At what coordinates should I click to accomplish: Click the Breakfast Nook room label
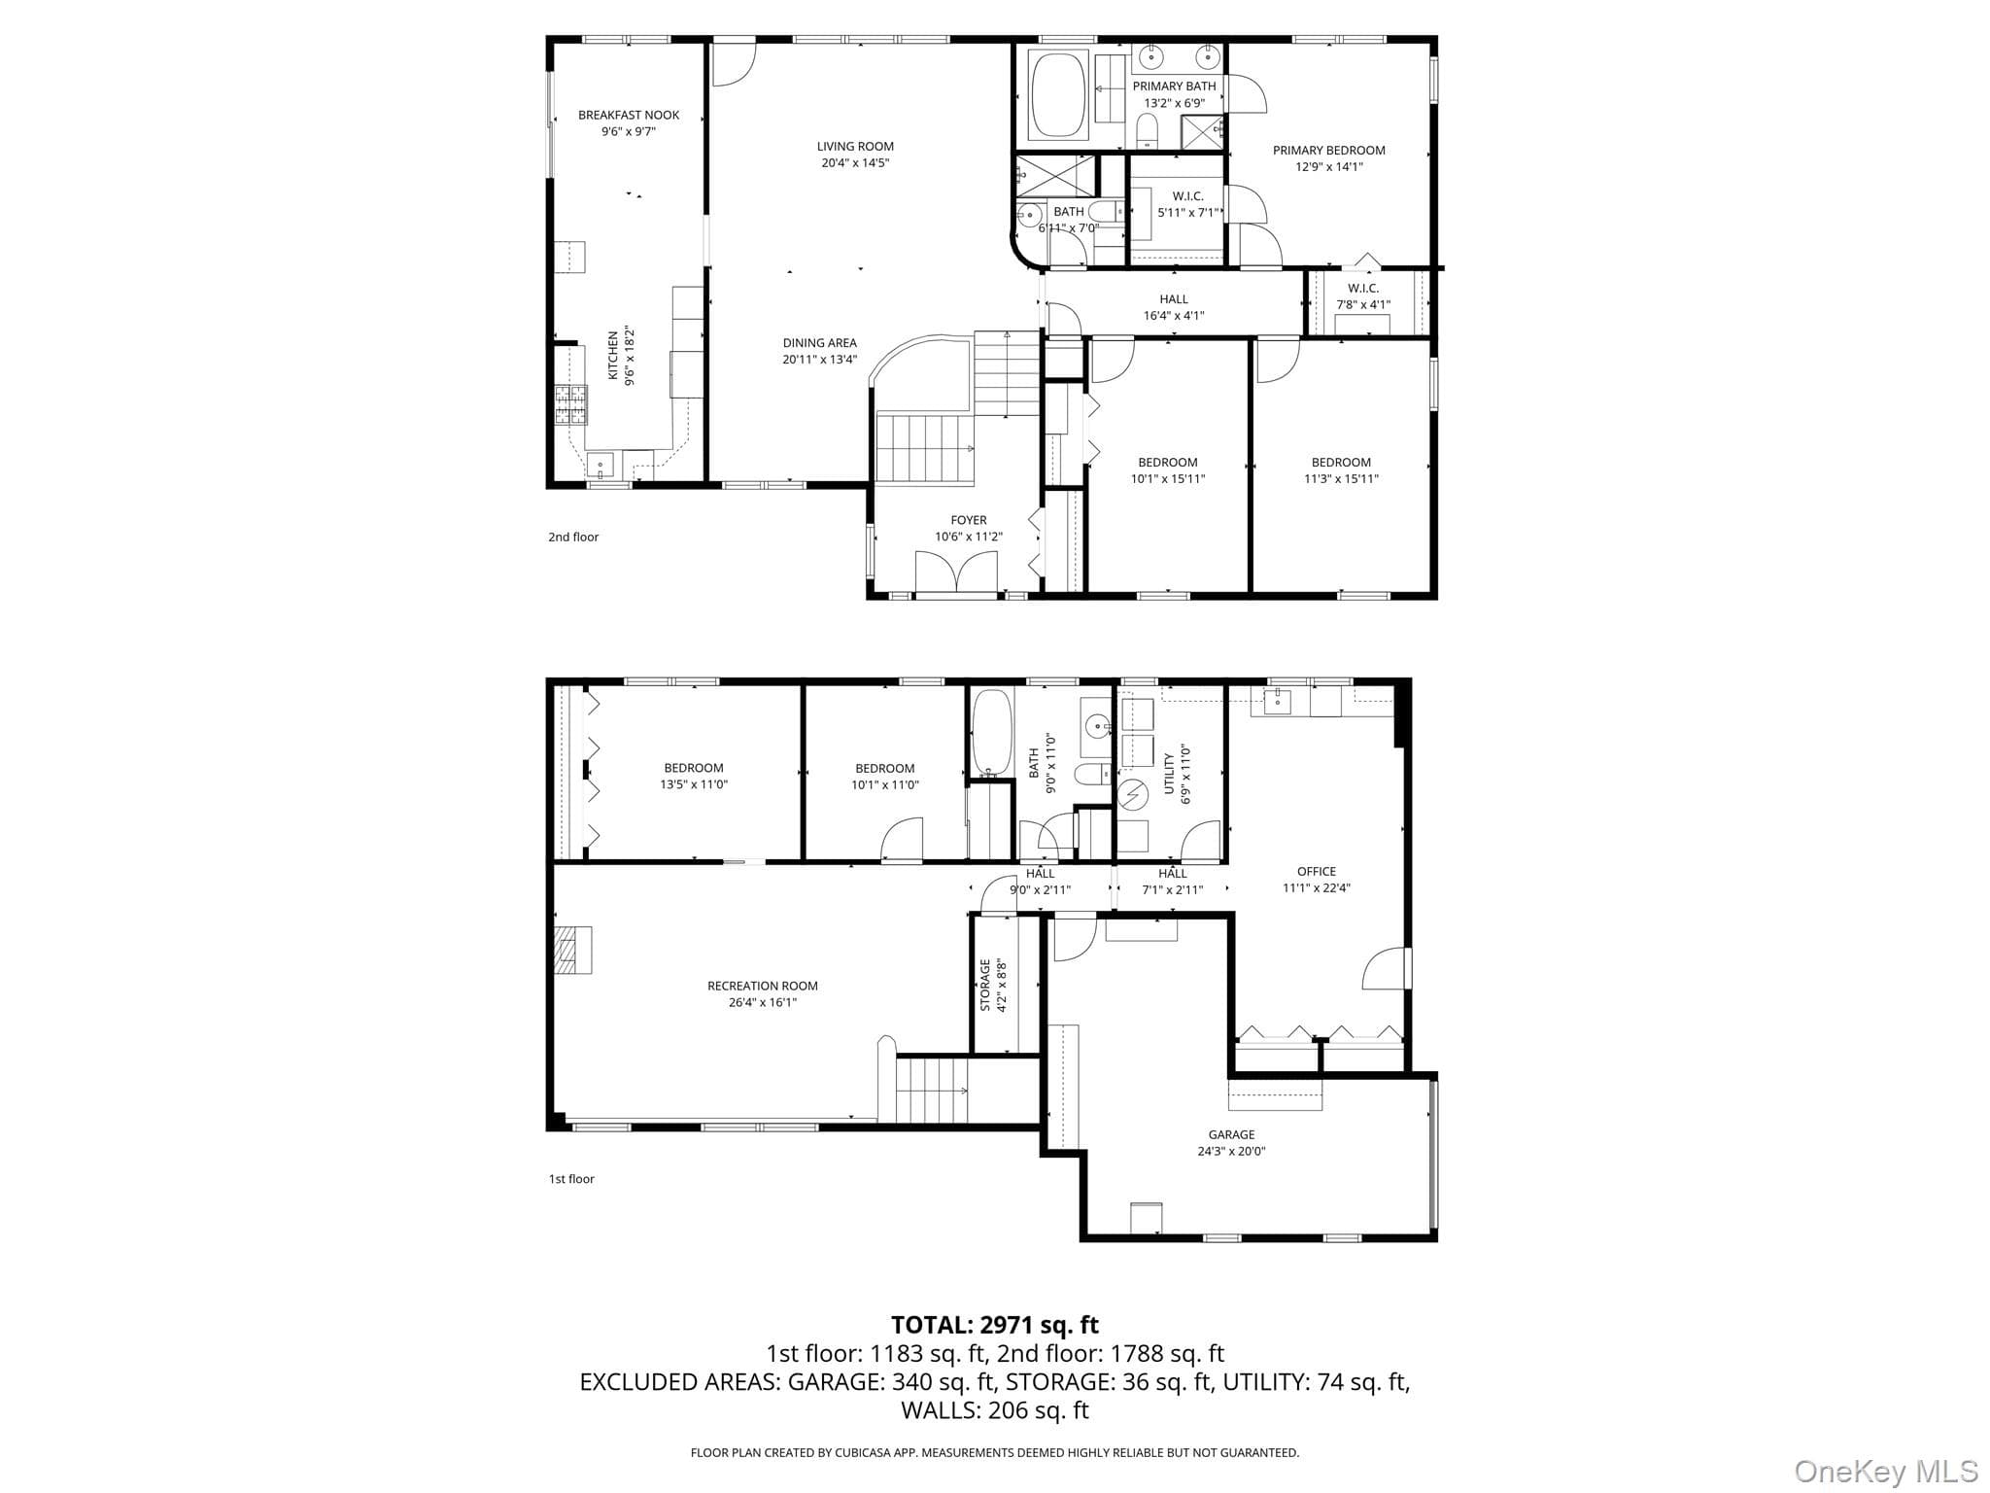pos(629,115)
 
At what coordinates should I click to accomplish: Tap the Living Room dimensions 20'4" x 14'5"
pos(855,163)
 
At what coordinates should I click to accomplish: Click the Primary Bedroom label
pos(1328,150)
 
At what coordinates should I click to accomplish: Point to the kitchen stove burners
pos(571,405)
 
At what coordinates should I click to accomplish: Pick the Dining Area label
pos(820,342)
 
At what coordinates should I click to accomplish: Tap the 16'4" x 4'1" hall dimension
pos(1174,315)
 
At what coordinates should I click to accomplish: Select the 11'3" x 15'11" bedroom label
pos(1341,470)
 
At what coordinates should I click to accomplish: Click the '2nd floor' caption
pos(573,537)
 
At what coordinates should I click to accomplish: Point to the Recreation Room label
pos(763,986)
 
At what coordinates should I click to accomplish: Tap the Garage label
pos(1231,1134)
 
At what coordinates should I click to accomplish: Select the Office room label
pos(1317,872)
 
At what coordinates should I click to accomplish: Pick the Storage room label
pos(985,986)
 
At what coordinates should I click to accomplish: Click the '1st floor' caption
pos(571,1179)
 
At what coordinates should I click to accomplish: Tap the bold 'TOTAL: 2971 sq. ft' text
pos(995,1325)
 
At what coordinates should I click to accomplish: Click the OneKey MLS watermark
pos(1885,1471)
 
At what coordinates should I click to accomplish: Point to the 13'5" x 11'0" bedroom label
pos(694,776)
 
